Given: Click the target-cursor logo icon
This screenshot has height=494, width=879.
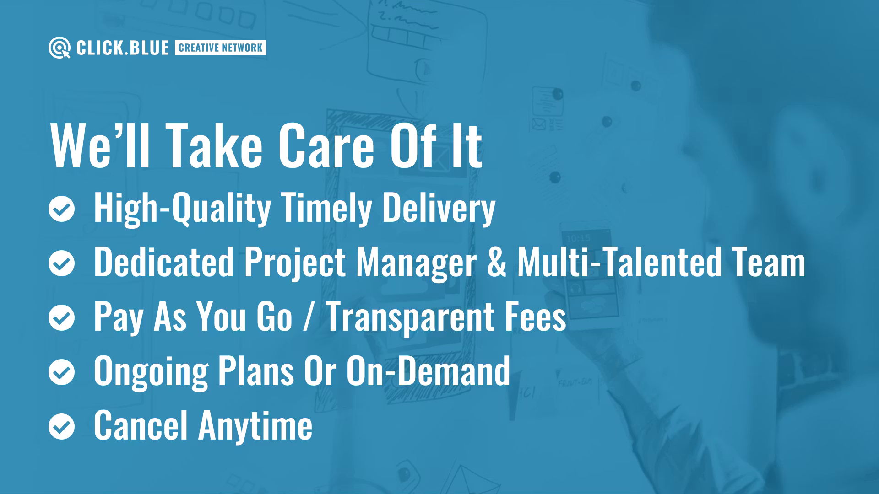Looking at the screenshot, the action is click(60, 48).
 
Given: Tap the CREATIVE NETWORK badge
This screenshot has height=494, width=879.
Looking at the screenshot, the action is click(220, 48).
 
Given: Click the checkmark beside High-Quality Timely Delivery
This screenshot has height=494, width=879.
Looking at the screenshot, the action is click(61, 209).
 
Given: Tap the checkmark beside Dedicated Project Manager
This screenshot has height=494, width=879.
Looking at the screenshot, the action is click(61, 263).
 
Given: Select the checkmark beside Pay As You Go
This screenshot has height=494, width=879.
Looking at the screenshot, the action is click(61, 317).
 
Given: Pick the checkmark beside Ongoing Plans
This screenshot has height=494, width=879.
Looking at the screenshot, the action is click(61, 372).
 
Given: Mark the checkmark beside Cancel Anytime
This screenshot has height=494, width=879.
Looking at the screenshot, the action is click(61, 426).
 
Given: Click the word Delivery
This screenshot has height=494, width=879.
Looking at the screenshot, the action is click(439, 208).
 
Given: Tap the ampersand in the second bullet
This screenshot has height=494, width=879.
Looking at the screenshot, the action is click(497, 262).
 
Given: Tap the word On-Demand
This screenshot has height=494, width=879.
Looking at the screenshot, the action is click(428, 371).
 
